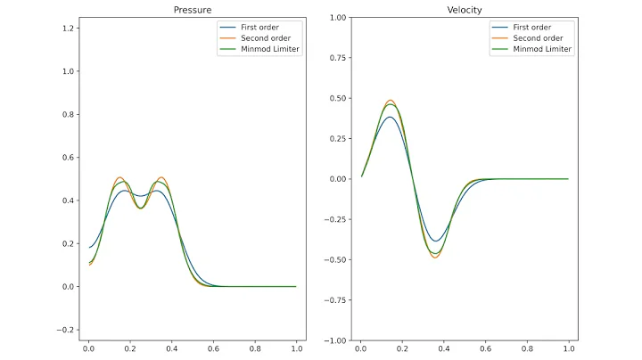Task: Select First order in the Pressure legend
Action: click(x=259, y=28)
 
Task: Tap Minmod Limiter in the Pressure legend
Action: click(x=270, y=49)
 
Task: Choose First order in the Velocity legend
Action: click(x=532, y=28)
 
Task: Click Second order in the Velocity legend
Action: click(x=537, y=38)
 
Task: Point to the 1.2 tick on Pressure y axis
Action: click(x=68, y=29)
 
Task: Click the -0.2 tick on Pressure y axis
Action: click(x=65, y=330)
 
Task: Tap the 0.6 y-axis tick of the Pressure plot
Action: click(x=68, y=158)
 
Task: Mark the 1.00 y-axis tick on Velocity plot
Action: click(x=337, y=18)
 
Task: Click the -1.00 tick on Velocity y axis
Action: click(x=334, y=340)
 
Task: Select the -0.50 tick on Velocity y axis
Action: click(x=334, y=260)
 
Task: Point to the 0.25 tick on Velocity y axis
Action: click(x=337, y=139)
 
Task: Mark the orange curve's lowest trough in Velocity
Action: click(x=435, y=258)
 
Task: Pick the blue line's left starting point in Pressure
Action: click(x=89, y=248)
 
